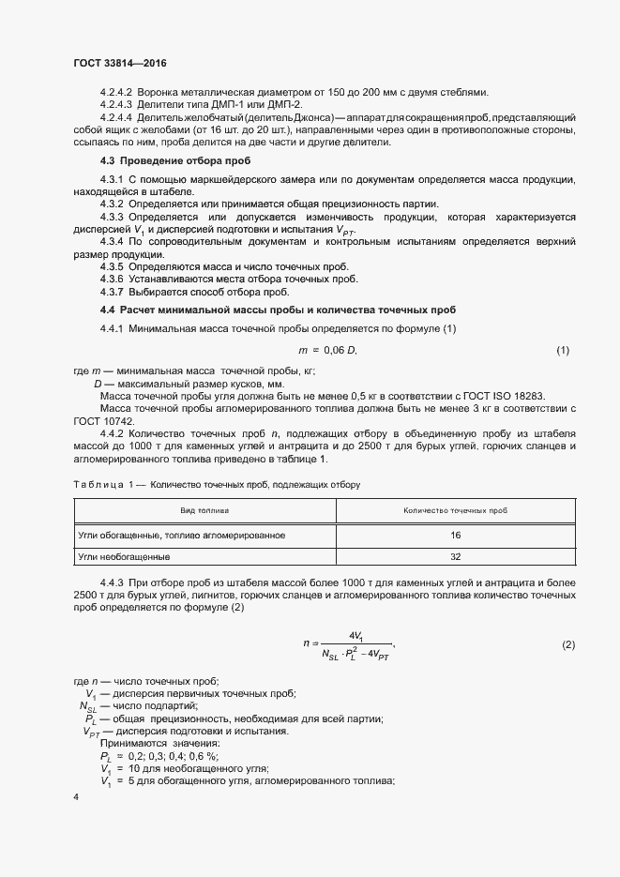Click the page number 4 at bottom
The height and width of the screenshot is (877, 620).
point(76,795)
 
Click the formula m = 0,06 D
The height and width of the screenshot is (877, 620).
point(328,350)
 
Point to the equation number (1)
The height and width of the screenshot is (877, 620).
point(563,350)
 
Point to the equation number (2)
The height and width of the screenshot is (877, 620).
point(567,644)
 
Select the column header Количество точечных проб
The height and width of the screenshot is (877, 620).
point(455,511)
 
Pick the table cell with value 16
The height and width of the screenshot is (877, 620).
point(455,534)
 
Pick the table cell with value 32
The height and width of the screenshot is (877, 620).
point(455,556)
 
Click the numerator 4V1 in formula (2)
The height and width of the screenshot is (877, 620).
point(356,635)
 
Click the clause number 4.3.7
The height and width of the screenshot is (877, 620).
point(112,292)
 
